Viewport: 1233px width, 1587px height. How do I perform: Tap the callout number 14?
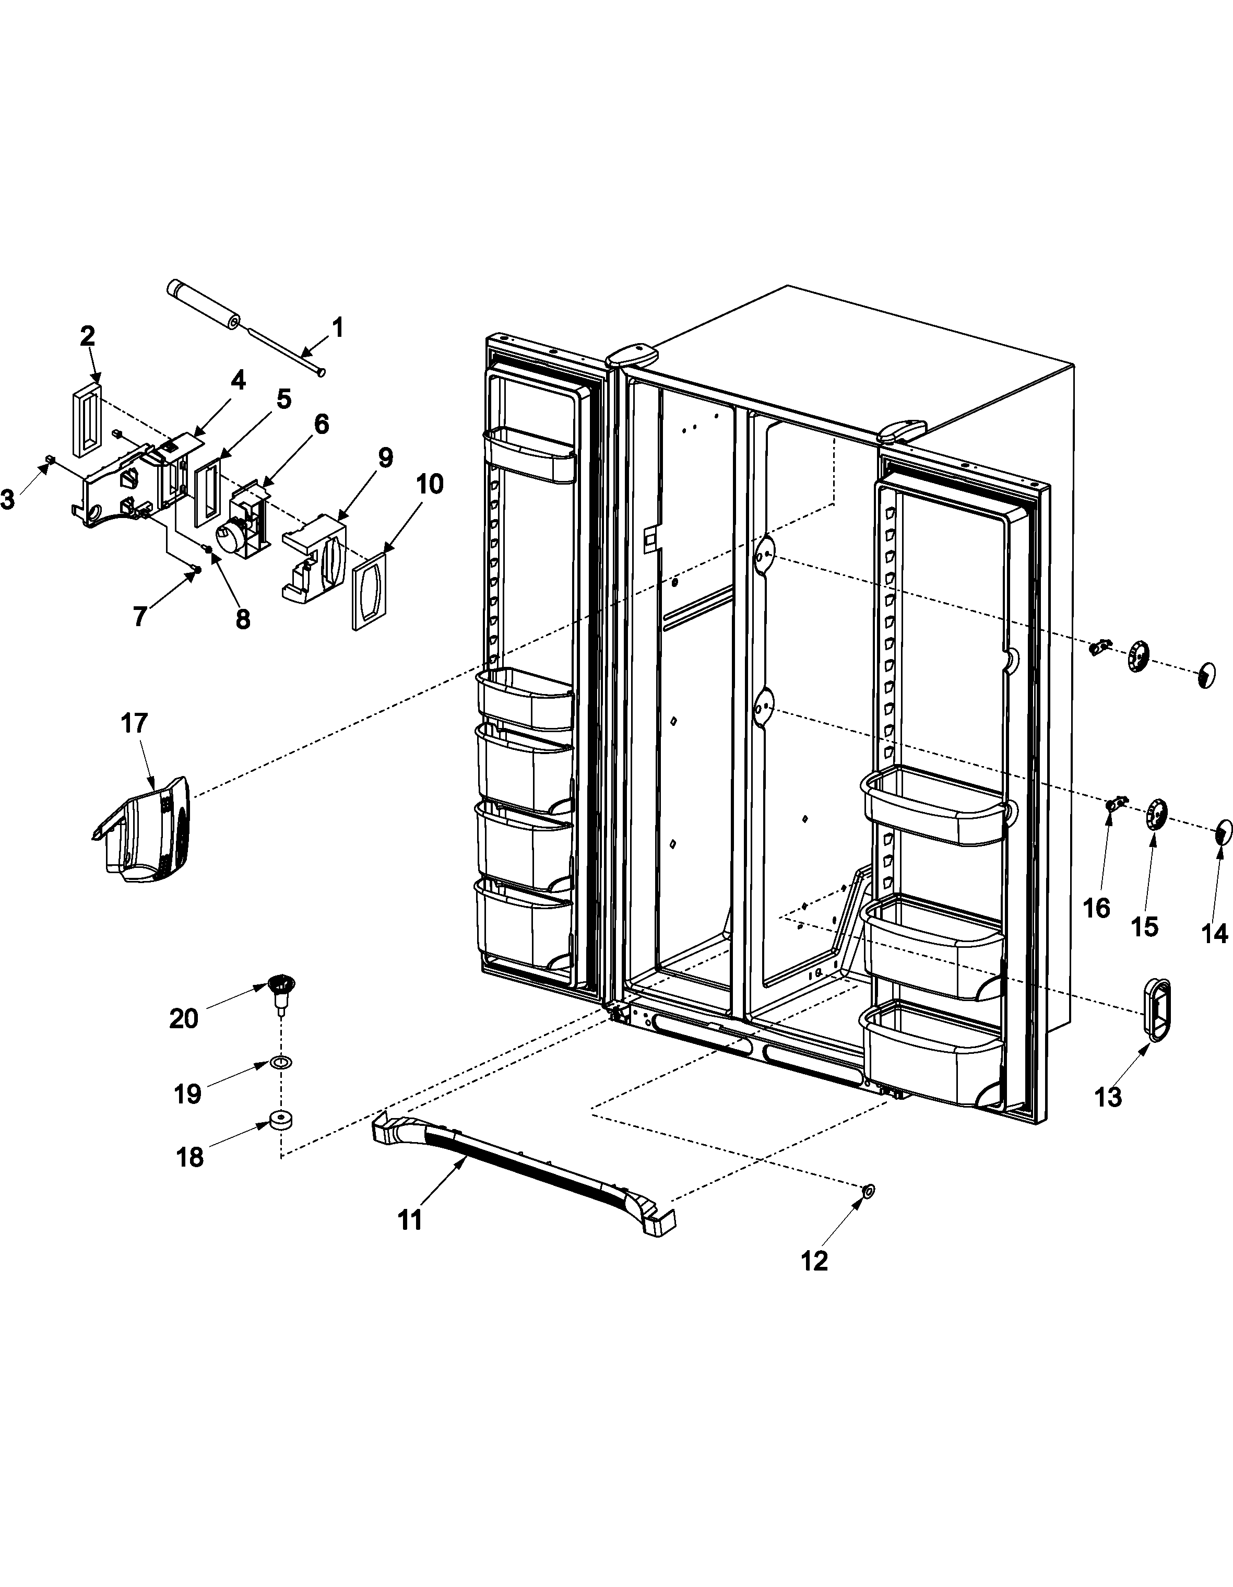[1214, 934]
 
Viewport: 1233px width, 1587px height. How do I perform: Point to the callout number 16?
[1097, 907]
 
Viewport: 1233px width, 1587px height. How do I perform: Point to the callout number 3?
[7, 500]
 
